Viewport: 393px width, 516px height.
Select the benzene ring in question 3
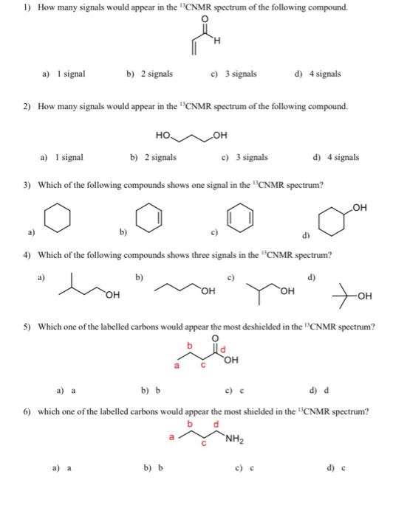point(238,219)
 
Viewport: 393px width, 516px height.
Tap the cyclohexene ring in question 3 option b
point(146,219)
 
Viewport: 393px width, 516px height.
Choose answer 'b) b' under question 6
point(153,467)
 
